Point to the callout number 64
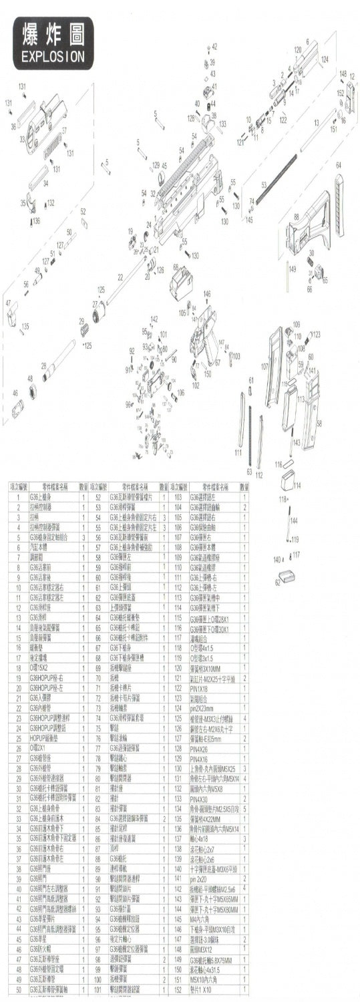pos(339,165)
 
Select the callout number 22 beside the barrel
pos(120,277)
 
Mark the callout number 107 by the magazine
pos(265,366)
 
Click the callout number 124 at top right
pos(325,59)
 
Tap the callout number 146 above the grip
pos(207,293)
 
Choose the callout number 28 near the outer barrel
pos(43,365)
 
